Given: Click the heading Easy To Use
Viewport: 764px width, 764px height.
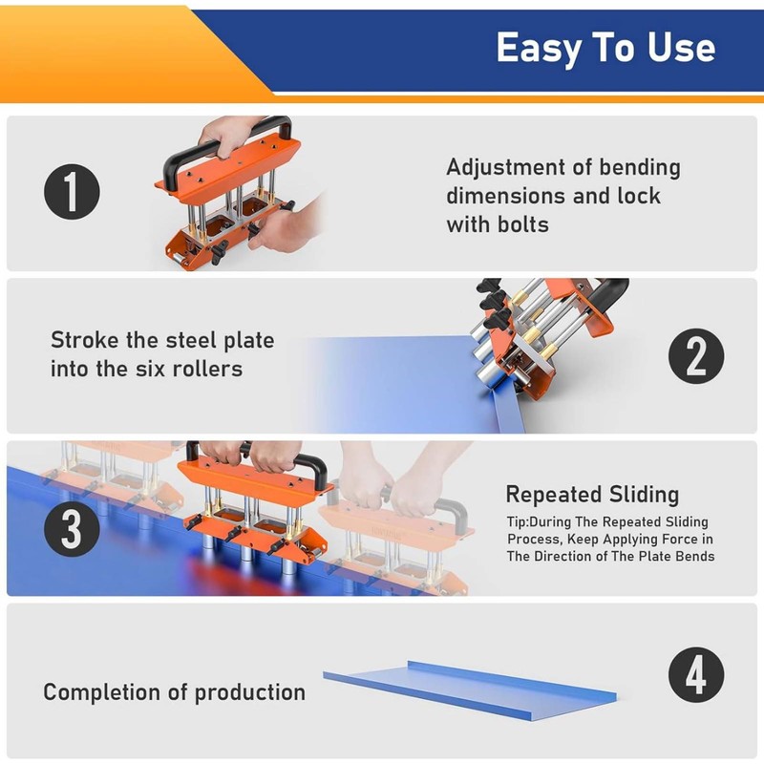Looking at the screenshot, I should [605, 48].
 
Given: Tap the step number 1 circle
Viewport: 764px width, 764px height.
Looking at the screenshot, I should [72, 192].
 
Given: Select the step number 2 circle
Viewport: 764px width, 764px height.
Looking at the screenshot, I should [695, 356].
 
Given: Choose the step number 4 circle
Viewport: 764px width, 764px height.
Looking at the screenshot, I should [695, 677].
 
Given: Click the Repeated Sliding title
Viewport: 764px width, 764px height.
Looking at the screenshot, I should [592, 495].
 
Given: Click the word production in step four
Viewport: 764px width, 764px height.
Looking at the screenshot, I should [250, 692].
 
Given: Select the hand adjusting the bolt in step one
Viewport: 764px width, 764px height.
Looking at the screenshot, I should [283, 229].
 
